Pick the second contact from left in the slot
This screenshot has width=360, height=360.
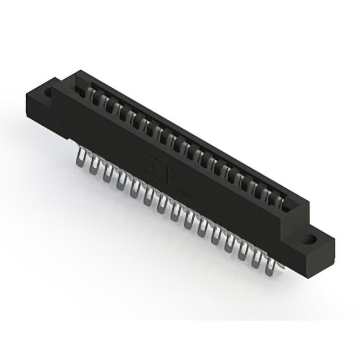tap(104, 100)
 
